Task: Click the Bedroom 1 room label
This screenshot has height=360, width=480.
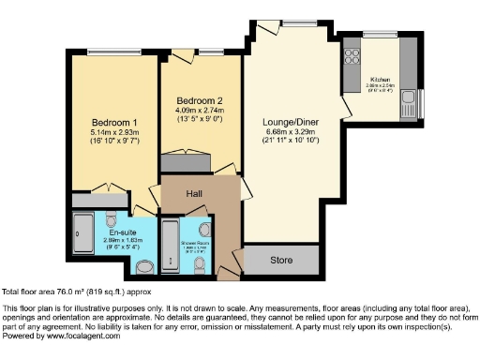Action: click(x=114, y=123)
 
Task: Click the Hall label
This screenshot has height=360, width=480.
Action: click(x=194, y=193)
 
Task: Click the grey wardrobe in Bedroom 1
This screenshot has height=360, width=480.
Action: click(x=99, y=201)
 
